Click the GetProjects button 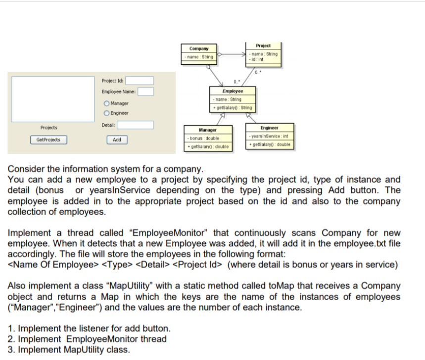click(48, 140)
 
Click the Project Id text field click(142, 81)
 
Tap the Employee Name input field click(145, 91)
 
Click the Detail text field click(135, 125)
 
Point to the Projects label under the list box click(48, 128)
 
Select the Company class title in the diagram click(199, 49)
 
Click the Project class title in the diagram click(263, 45)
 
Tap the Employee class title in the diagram click(233, 91)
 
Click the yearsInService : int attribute click(269, 136)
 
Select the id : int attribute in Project click(258, 59)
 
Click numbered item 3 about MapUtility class click(69, 350)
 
